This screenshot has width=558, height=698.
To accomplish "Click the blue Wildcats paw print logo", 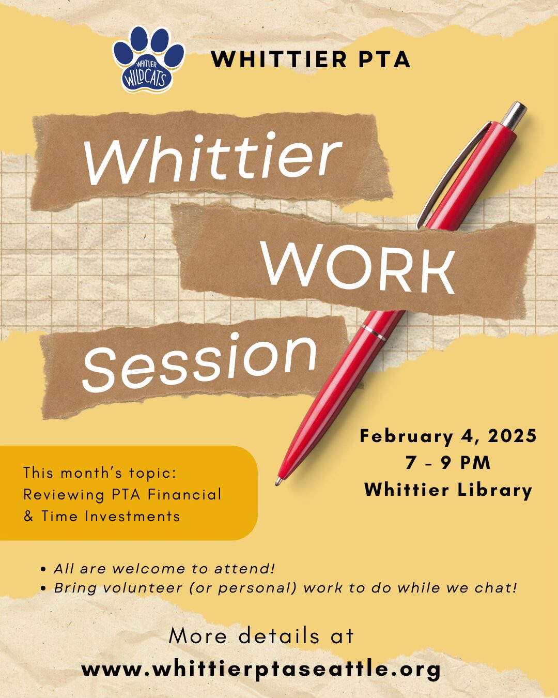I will click(x=148, y=59).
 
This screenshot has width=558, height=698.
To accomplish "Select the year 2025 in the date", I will click(x=512, y=436).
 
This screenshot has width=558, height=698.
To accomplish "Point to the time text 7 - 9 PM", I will click(x=448, y=462).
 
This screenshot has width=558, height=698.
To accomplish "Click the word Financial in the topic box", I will click(x=184, y=494).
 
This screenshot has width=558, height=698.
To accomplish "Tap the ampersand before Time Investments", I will click(x=28, y=516).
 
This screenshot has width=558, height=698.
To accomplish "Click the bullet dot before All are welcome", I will click(x=43, y=569).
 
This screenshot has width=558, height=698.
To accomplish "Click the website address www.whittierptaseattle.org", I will click(x=261, y=669).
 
